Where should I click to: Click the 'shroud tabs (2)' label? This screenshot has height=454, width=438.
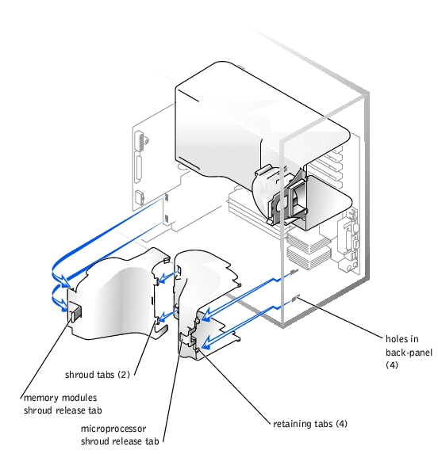point(98,375)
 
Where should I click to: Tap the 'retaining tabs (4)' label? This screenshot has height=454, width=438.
point(310,424)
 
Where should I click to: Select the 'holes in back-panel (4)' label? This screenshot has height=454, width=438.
point(409,352)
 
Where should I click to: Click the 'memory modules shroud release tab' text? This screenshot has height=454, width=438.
point(63,404)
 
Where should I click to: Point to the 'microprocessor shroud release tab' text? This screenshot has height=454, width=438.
point(120,435)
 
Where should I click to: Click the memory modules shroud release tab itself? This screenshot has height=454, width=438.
point(76,311)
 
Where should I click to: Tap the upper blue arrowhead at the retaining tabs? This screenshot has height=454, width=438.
point(206,315)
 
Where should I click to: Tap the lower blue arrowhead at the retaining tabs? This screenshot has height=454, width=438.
point(206,342)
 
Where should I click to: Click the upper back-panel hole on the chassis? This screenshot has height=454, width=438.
point(294,272)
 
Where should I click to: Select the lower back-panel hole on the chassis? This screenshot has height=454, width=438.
point(295,299)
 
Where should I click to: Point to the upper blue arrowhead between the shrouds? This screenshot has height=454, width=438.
point(163,278)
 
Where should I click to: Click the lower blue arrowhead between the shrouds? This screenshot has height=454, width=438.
point(163,317)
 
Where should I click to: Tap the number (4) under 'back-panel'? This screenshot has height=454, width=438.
point(392,364)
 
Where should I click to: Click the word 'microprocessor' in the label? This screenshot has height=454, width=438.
point(113,429)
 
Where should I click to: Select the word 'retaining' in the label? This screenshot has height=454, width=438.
point(289,424)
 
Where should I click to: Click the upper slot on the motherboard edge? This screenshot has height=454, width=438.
point(167,197)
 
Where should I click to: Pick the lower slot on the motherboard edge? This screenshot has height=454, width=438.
point(167,218)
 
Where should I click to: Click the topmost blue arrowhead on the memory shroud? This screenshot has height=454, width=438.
point(64,280)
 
